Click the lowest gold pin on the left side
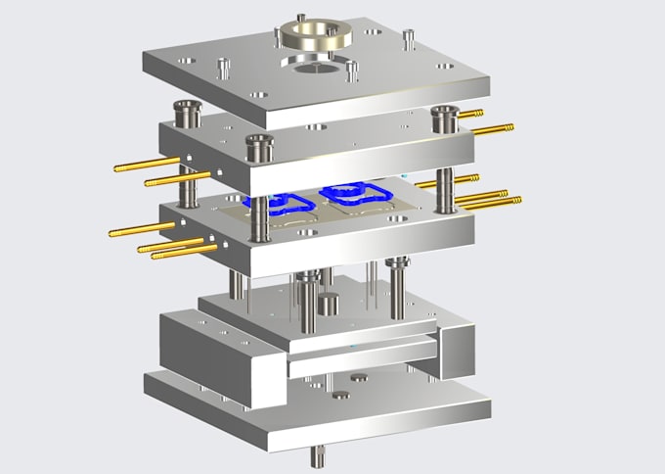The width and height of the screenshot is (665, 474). (184, 252)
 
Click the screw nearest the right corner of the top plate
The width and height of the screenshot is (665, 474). (403, 40)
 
